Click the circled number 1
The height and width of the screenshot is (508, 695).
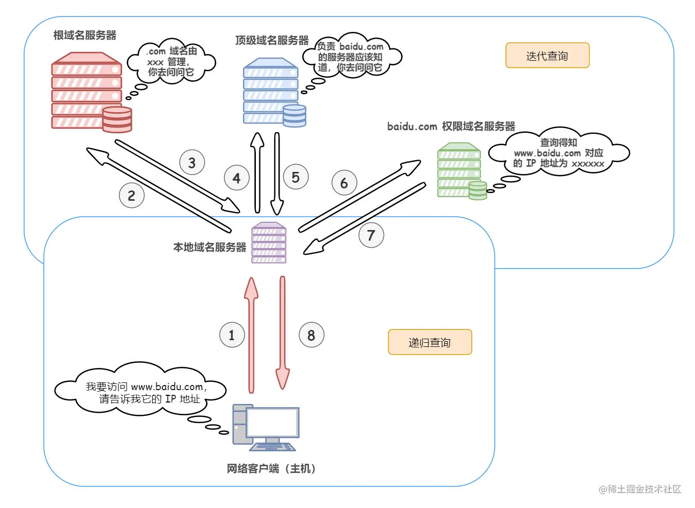(x=232, y=335)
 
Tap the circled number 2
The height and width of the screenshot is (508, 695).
(x=132, y=196)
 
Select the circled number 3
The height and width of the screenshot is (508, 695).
(x=192, y=163)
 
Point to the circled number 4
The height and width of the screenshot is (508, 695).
(x=237, y=178)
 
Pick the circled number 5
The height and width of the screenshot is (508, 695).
(x=296, y=177)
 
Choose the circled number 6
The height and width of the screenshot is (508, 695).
(x=344, y=183)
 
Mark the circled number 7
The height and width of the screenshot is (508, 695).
(x=371, y=235)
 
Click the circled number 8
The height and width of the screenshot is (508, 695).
(x=311, y=335)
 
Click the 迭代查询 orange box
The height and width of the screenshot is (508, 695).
(x=547, y=56)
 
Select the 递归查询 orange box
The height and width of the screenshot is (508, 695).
(x=430, y=342)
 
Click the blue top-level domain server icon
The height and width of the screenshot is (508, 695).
(x=273, y=93)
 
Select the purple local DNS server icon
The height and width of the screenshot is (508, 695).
(x=269, y=243)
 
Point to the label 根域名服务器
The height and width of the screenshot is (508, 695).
(x=85, y=36)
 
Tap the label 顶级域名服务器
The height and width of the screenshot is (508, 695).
(x=272, y=40)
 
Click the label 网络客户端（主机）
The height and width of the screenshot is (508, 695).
(x=271, y=468)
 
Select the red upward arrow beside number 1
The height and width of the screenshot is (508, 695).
(x=251, y=335)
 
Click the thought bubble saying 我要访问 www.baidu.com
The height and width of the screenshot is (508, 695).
(x=142, y=391)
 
